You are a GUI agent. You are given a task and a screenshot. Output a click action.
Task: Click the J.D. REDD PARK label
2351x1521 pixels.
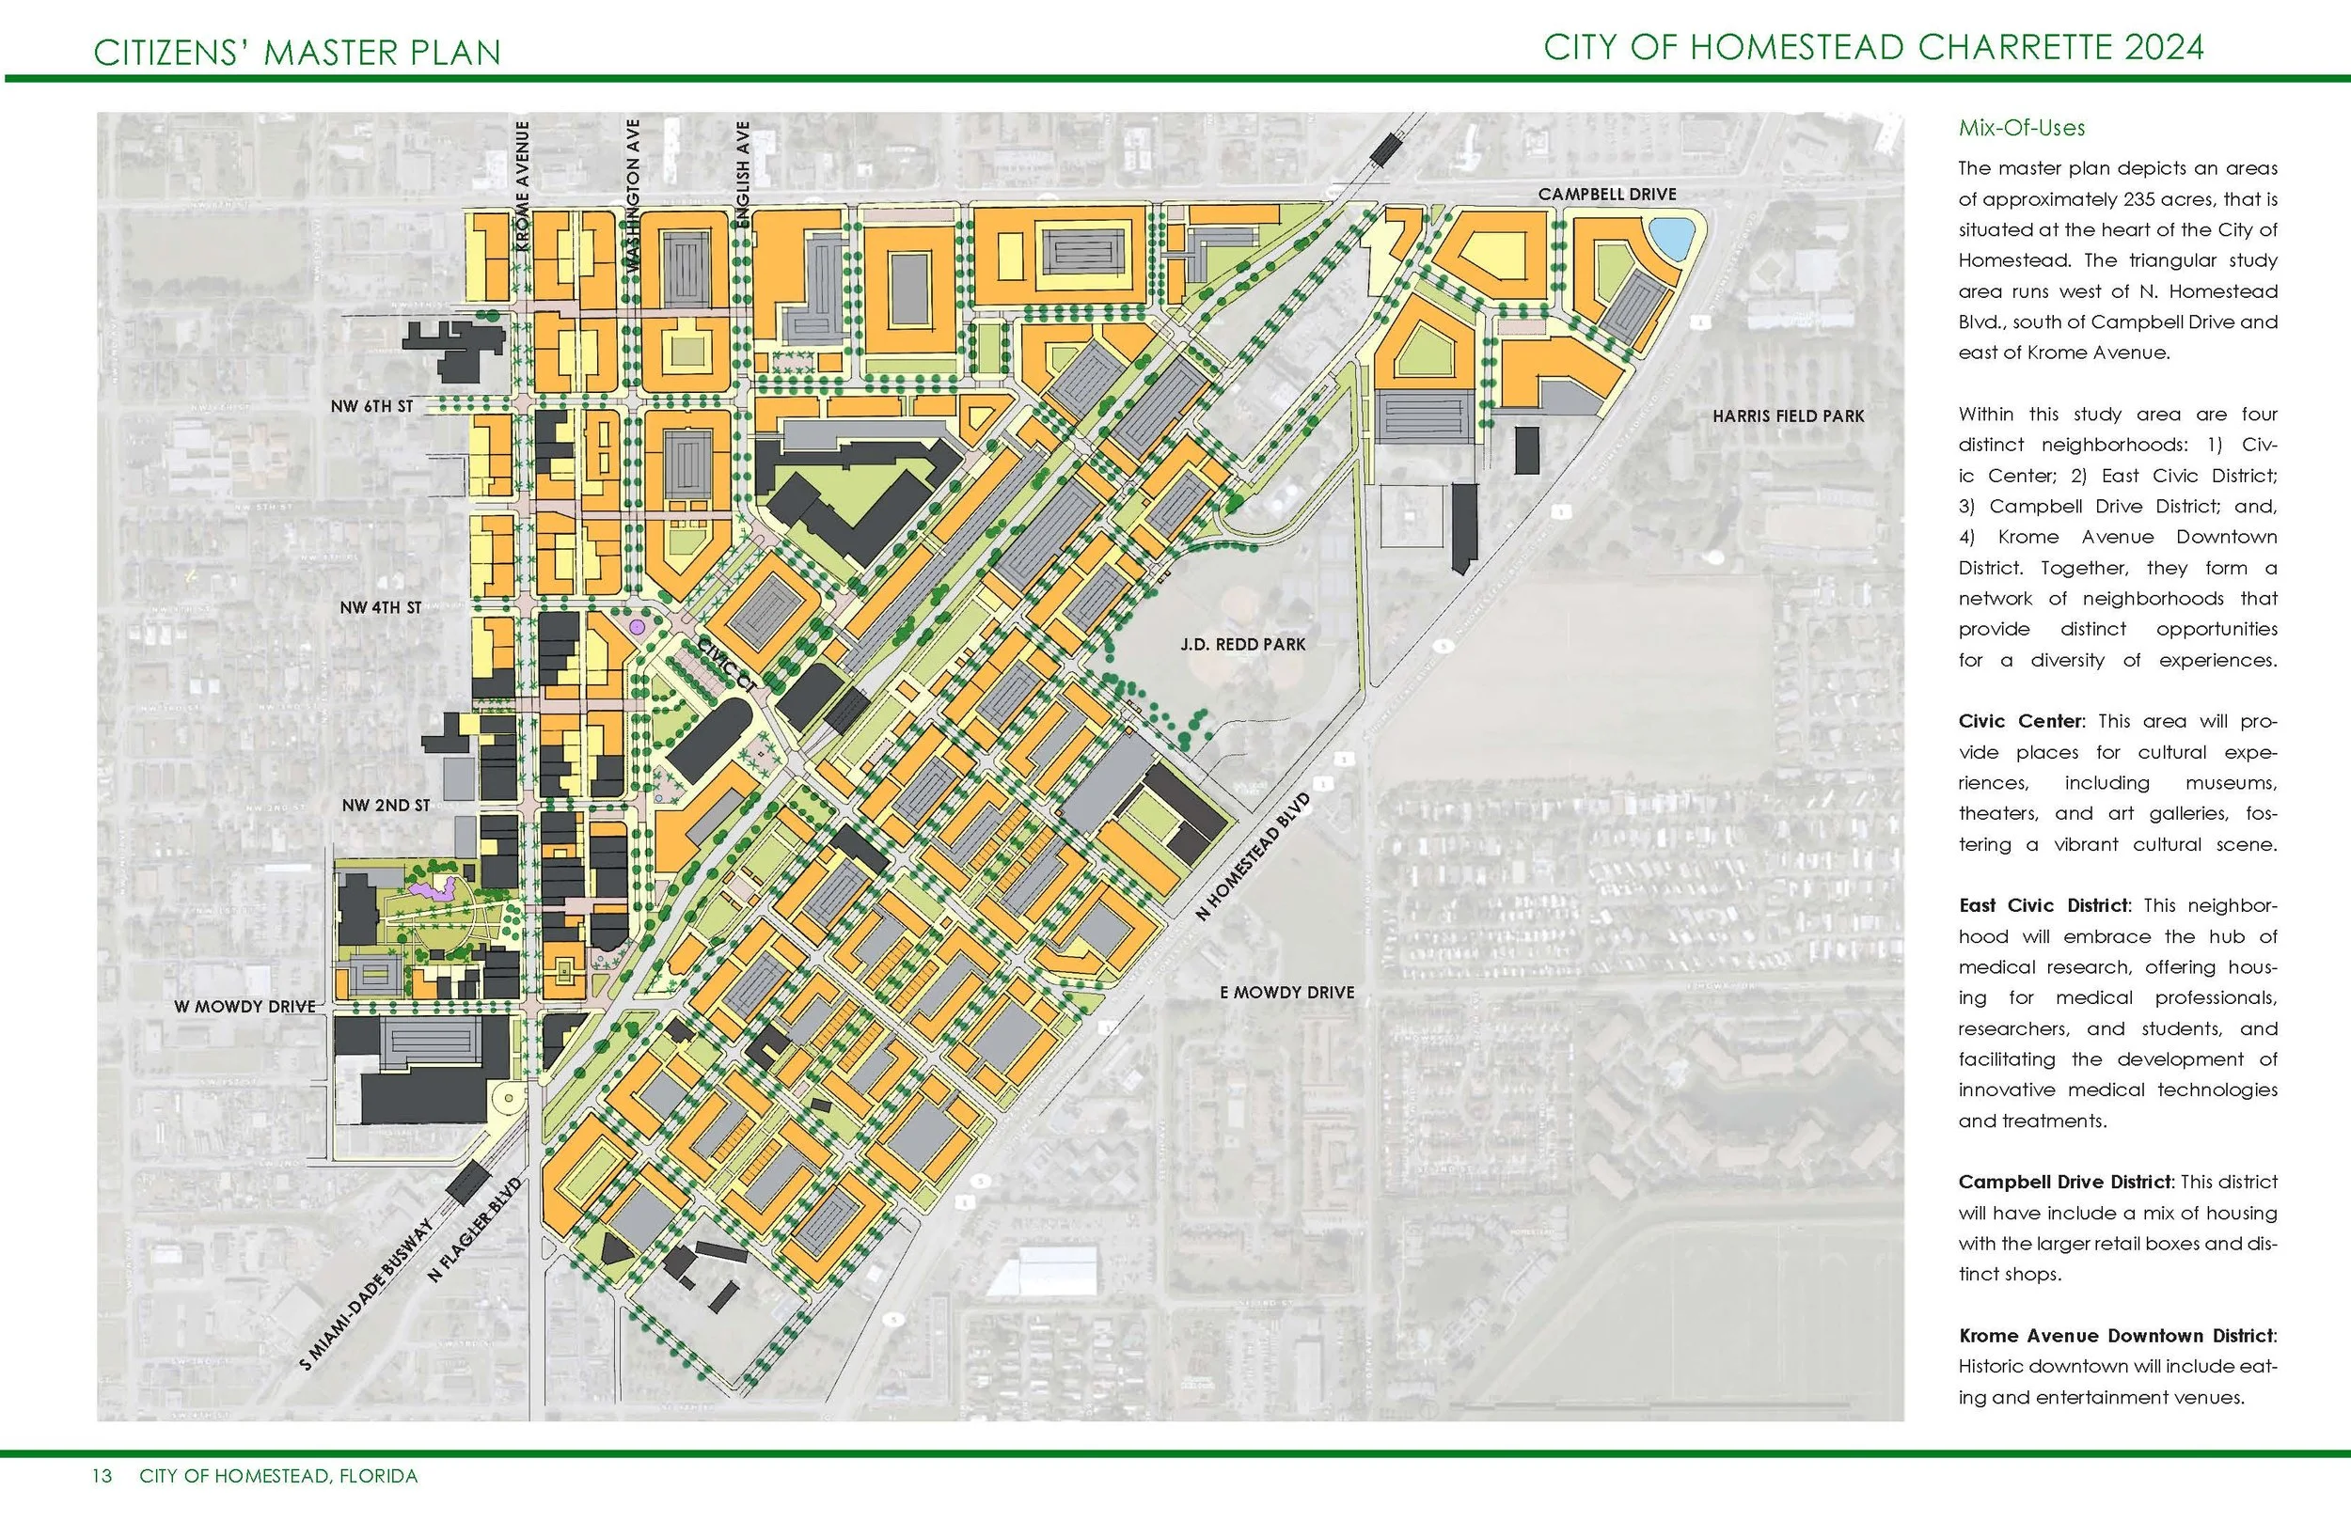[x=1242, y=645]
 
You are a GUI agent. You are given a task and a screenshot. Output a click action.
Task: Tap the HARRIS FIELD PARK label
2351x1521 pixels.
[x=1788, y=416]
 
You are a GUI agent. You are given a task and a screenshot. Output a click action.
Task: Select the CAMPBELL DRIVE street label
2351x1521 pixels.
[x=1607, y=195]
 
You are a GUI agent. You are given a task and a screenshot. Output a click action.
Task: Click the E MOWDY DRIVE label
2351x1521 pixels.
[x=1287, y=993]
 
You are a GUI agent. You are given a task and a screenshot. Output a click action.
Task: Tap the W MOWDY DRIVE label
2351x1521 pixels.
[x=245, y=1007]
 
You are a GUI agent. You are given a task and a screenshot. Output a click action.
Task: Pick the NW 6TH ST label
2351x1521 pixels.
[x=371, y=406]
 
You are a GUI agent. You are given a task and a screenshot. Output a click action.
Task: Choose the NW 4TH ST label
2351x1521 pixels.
[x=380, y=607]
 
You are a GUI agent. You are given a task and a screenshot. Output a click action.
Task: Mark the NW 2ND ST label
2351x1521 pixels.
[x=386, y=806]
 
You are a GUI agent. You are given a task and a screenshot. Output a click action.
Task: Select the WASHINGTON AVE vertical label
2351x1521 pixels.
[x=633, y=196]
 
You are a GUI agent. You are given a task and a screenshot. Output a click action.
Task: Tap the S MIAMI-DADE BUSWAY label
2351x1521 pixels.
[x=367, y=1294]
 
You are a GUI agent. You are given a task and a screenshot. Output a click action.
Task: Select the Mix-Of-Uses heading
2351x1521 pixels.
[x=2021, y=129]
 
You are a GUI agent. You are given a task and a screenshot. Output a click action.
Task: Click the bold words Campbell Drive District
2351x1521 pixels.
[x=2064, y=1183]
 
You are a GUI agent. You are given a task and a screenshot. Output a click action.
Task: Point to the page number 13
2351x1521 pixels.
[x=102, y=1477]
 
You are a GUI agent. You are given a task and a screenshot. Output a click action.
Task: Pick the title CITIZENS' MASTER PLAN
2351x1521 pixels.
[x=297, y=53]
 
